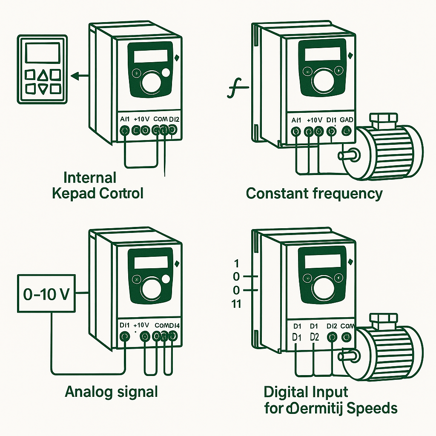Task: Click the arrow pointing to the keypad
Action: tap(78, 76)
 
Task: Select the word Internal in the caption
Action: tap(90, 178)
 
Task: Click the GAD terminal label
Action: tap(347, 120)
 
